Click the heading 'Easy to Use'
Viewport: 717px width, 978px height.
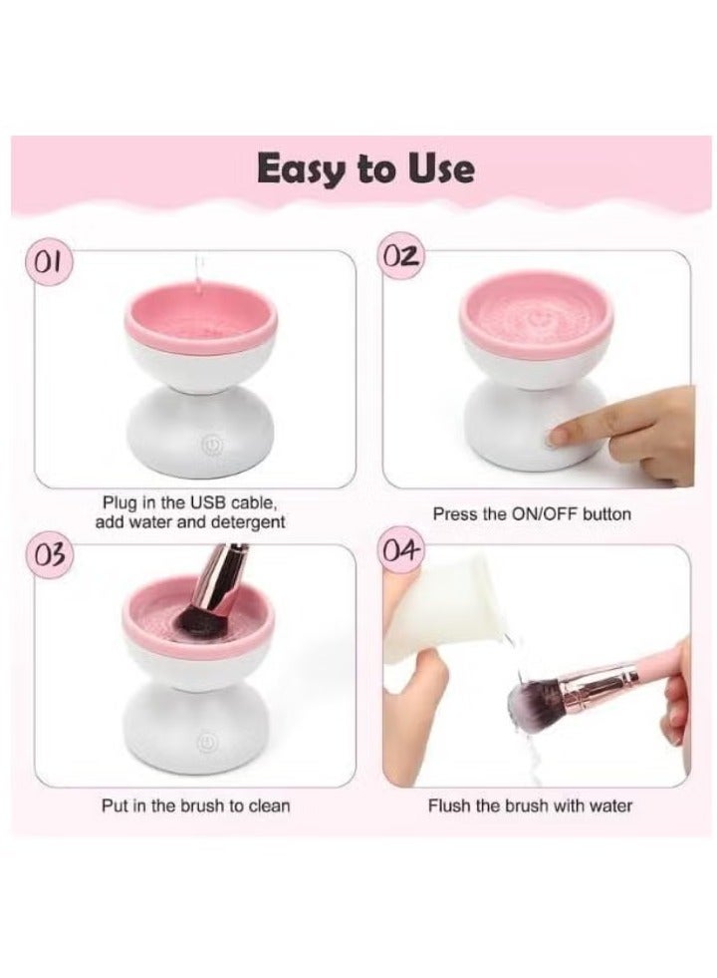pyautogui.click(x=365, y=169)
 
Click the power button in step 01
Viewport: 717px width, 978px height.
pyautogui.click(x=209, y=446)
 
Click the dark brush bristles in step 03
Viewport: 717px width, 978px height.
pyautogui.click(x=190, y=622)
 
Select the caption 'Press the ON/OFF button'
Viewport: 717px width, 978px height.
pyautogui.click(x=531, y=514)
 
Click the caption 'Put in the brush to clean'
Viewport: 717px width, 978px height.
pyautogui.click(x=196, y=805)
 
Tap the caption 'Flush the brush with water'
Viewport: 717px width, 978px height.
pyautogui.click(x=530, y=805)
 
